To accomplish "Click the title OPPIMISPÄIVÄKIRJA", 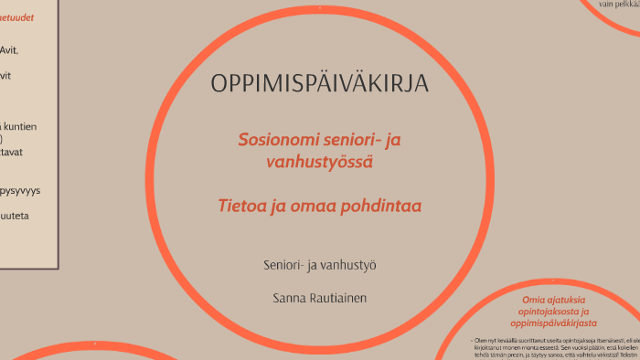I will [x=320, y=83].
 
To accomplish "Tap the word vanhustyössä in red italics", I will [x=319, y=163].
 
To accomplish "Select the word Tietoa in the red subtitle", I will [x=244, y=206].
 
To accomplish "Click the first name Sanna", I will [x=292, y=298].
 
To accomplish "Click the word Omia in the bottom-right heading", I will [x=533, y=300].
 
